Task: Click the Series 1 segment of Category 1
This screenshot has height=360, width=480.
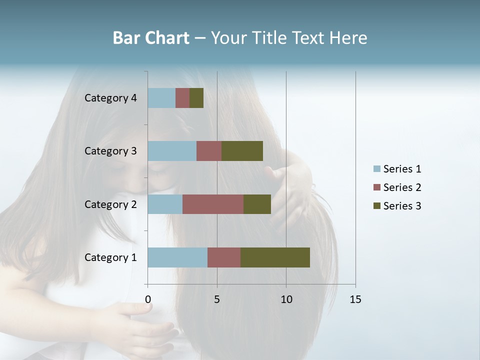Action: tap(177, 257)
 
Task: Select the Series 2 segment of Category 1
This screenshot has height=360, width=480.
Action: tap(224, 257)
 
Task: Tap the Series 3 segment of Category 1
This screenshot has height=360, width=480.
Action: tap(275, 257)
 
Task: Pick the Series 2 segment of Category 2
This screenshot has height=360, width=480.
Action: tap(213, 204)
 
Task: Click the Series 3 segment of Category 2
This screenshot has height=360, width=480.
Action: tap(257, 204)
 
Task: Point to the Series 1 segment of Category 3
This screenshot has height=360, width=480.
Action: tap(172, 151)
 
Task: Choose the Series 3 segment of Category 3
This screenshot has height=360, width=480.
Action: tap(242, 151)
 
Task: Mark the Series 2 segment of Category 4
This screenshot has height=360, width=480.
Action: tap(182, 98)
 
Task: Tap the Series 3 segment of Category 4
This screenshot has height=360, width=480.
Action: tap(196, 98)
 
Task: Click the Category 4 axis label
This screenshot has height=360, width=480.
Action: tap(110, 98)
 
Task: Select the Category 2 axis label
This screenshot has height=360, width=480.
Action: tap(110, 204)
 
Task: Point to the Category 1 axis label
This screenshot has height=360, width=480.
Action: tap(110, 257)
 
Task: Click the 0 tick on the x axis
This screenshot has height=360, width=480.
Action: tap(148, 299)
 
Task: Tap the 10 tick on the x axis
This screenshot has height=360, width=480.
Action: tap(286, 299)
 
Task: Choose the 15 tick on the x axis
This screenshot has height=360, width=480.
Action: tap(355, 299)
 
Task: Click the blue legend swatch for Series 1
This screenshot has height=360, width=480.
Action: tap(377, 169)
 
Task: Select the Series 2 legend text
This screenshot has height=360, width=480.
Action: tap(402, 187)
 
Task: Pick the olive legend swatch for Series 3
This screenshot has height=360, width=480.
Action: tap(377, 206)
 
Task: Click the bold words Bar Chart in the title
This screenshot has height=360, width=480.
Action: tap(151, 38)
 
